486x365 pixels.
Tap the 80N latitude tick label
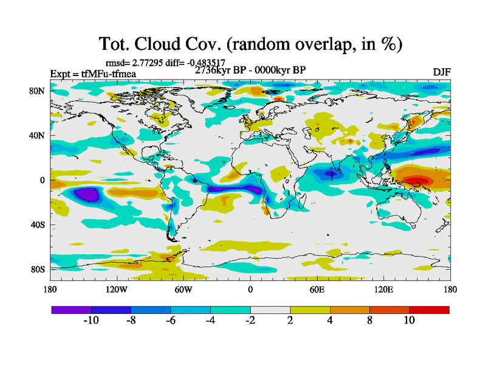point(39,91)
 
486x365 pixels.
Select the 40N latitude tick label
point(39,136)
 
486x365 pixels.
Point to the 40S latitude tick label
point(39,225)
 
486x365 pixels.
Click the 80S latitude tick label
point(39,269)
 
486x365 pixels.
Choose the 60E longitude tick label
point(317,290)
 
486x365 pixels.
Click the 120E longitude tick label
point(384,290)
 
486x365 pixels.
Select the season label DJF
point(441,73)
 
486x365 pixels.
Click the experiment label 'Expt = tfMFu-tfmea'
point(93,74)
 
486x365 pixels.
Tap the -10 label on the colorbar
point(91,320)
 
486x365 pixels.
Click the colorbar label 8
point(369,320)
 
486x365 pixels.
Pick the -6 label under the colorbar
point(171,320)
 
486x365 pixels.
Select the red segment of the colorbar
point(429,310)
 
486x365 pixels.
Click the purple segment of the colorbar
point(71,310)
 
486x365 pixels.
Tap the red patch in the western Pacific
point(416,181)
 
